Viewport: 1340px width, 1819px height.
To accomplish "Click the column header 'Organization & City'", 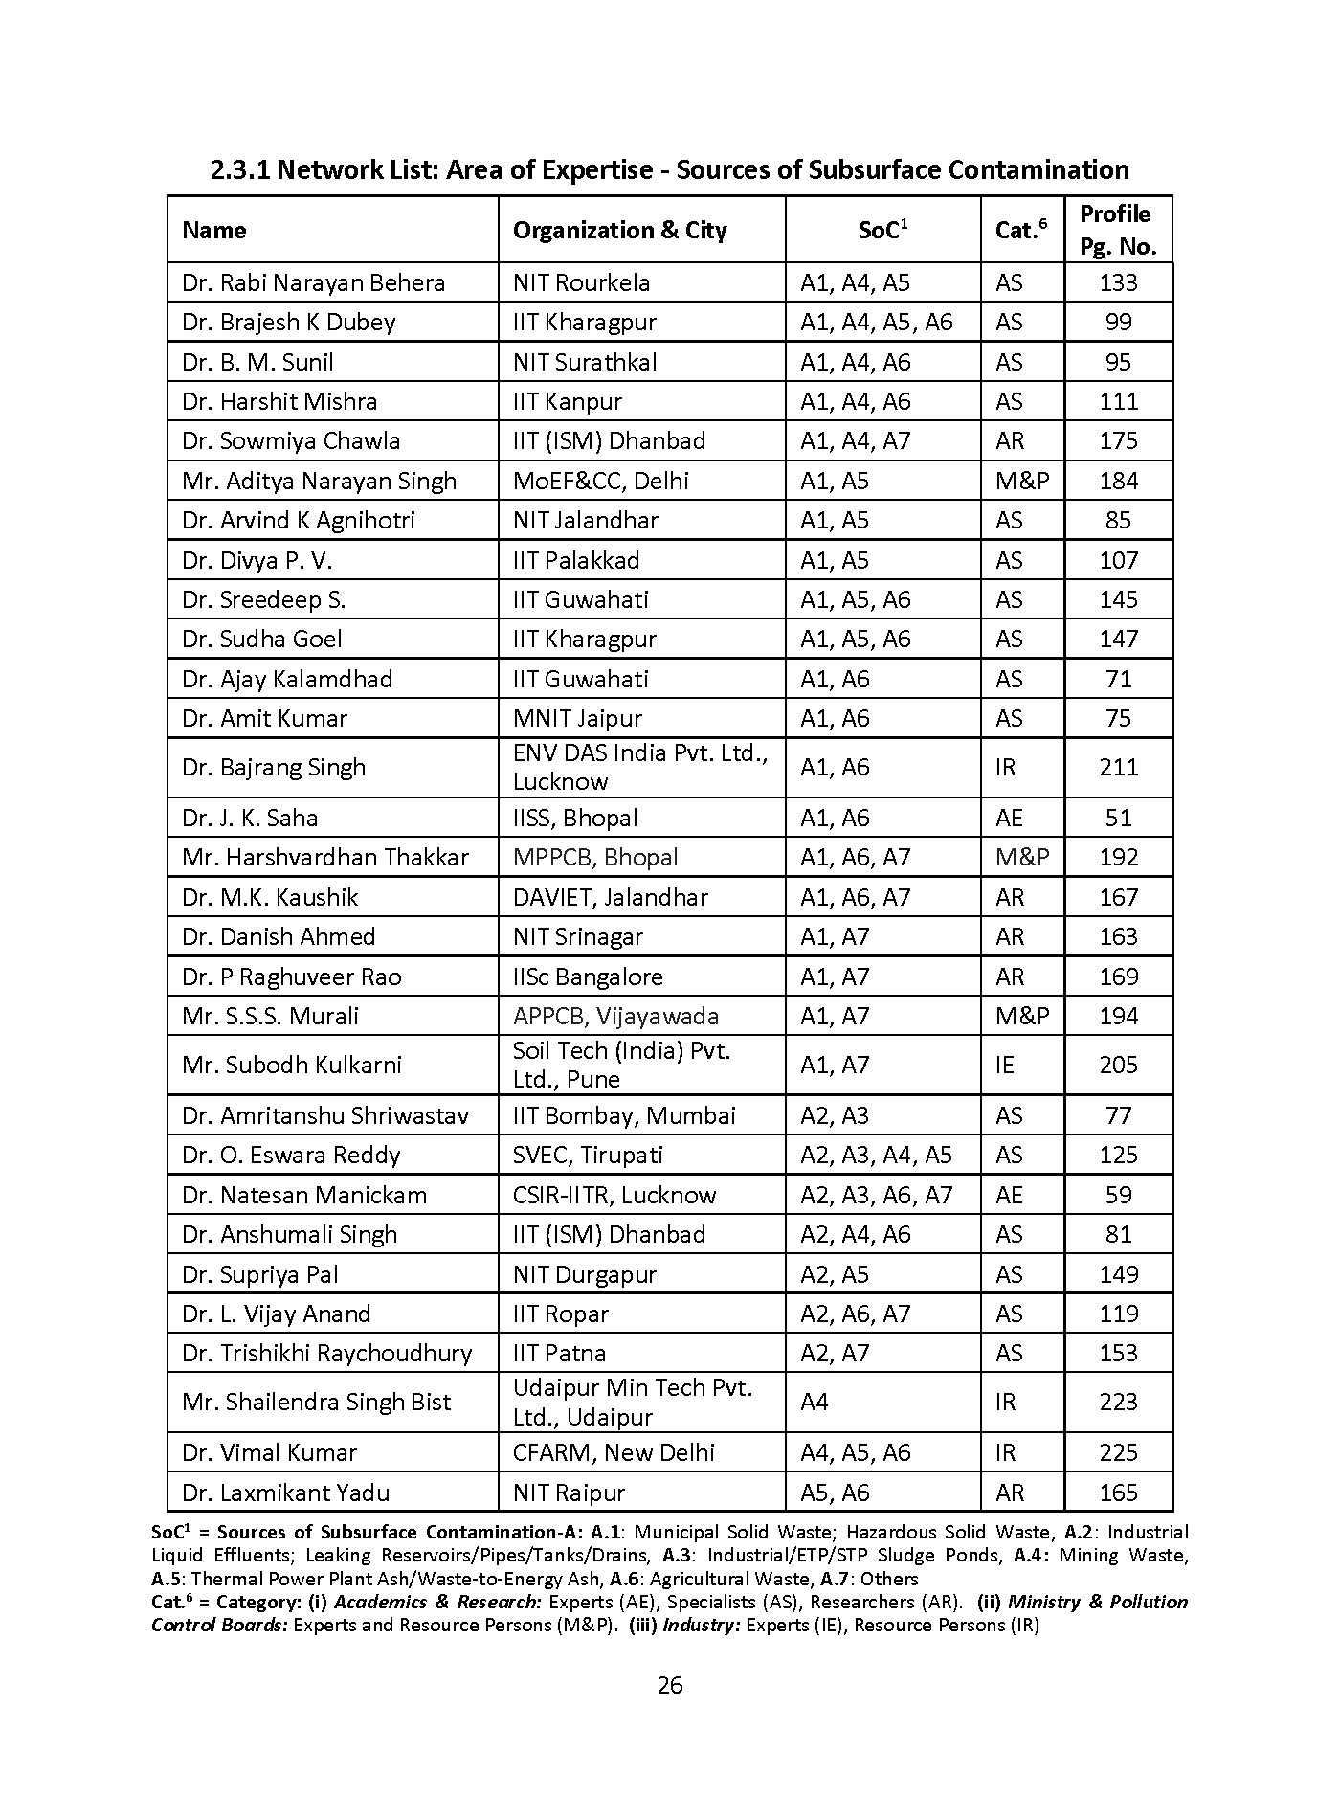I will point(619,231).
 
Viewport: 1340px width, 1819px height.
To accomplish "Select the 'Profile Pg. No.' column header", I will point(1117,230).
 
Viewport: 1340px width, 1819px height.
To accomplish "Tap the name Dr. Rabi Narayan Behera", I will point(313,283).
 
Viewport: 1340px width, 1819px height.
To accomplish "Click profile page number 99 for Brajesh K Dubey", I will point(1118,323).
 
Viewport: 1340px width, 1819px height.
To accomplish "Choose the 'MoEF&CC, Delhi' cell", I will point(600,482).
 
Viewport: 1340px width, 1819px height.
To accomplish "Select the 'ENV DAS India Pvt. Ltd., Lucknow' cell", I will point(639,768).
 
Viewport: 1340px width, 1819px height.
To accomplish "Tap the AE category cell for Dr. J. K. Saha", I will point(1009,819).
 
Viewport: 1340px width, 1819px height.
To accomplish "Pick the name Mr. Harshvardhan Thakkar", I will point(324,858).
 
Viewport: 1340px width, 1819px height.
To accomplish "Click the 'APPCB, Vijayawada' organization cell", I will point(615,1017).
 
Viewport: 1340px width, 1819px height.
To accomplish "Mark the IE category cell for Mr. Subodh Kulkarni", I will point(1005,1066).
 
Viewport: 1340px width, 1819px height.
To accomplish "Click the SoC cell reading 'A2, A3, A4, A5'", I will point(876,1156).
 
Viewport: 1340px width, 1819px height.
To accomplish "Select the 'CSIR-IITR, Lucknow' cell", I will point(614,1196).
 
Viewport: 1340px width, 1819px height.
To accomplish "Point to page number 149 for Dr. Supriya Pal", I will point(1118,1275).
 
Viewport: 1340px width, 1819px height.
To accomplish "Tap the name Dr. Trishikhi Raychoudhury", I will point(326,1354).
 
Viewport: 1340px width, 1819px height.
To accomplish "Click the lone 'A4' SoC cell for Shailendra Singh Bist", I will point(815,1403).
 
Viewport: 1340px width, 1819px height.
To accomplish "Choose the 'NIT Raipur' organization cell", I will point(569,1493).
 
